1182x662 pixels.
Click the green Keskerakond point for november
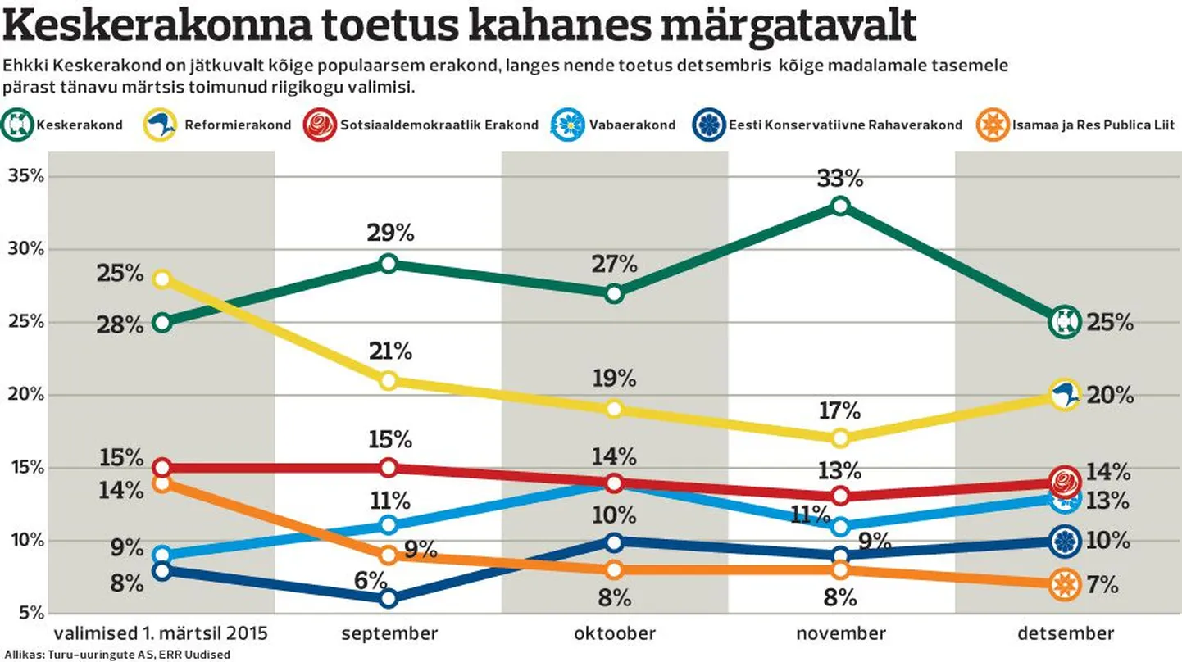coord(840,206)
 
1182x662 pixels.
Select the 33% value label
coord(840,178)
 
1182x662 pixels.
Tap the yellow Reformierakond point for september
coord(389,380)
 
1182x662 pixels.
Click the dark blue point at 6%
coord(389,598)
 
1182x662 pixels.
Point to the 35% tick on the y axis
coord(26,176)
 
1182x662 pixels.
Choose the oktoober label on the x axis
coord(614,633)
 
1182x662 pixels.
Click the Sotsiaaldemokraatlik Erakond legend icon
coord(321,125)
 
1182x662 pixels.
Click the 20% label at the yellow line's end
coord(1109,396)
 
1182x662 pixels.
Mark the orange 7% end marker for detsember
coord(1064,584)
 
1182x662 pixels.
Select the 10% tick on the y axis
coord(26,541)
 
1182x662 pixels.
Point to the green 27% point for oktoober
coord(614,293)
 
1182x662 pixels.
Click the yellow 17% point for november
coord(840,438)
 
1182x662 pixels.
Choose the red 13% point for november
coord(840,496)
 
